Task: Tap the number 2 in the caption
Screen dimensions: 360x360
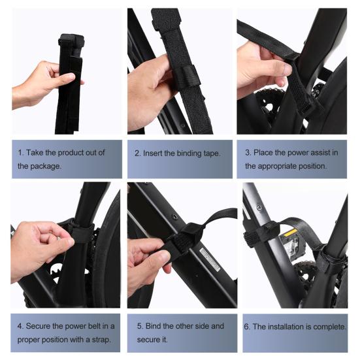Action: pos(137,153)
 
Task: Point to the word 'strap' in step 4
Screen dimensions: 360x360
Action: pos(101,340)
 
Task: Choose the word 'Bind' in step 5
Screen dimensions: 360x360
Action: pos(153,326)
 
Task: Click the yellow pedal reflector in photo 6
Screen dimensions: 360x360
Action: pos(290,233)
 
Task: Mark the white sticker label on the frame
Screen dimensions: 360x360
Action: pos(210,258)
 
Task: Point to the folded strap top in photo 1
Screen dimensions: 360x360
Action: pos(71,41)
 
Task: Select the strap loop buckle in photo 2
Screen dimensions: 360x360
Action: pos(187,76)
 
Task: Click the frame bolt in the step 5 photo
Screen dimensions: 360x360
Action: pos(174,217)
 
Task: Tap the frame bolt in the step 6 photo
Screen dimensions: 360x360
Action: pos(259,208)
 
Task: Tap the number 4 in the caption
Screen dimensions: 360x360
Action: pos(20,326)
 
